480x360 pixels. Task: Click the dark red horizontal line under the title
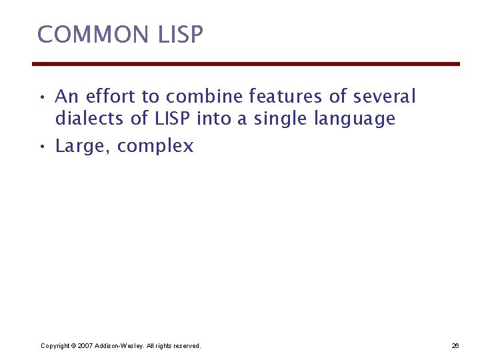(x=246, y=64)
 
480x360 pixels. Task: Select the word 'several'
(x=384, y=97)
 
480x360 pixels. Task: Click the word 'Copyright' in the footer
(x=55, y=346)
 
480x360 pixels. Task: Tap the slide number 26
(x=455, y=346)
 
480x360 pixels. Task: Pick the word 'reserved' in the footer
(x=186, y=346)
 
